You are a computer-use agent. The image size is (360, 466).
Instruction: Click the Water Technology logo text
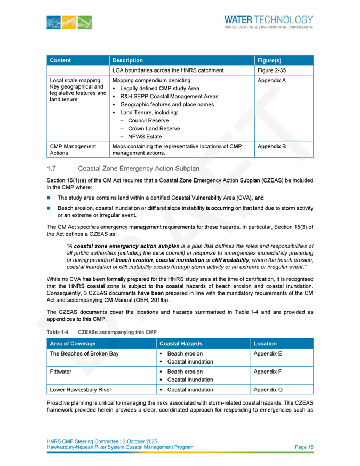click(x=269, y=19)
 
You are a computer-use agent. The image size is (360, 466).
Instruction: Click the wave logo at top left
click(x=69, y=22)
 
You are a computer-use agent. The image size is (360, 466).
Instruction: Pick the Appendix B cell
click(x=271, y=146)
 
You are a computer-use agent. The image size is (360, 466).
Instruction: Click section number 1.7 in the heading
click(x=52, y=168)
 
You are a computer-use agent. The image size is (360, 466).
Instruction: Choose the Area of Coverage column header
click(x=75, y=344)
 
